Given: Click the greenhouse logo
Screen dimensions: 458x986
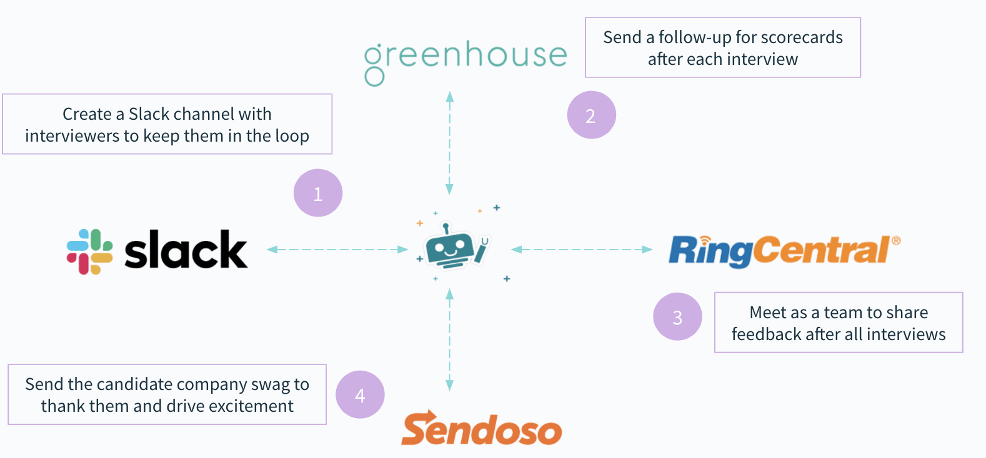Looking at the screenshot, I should coord(466,60).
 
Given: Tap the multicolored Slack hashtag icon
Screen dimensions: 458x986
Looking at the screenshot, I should coord(90,251).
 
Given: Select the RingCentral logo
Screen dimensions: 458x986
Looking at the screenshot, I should coord(784,250).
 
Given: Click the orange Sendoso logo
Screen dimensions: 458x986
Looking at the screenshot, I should coord(481,429).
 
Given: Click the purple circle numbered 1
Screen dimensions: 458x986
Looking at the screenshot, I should coord(318,193).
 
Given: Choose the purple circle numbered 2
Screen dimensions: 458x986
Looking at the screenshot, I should coord(591,115).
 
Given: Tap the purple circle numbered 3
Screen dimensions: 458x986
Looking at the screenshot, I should coord(677,317).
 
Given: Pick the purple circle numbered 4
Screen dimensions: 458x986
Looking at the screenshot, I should coord(360,395).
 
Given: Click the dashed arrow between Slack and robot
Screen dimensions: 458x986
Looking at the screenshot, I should coord(337,250).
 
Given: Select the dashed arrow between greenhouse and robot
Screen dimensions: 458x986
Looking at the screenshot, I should coord(449,144).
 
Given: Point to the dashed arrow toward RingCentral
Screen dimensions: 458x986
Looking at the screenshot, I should coord(582,250).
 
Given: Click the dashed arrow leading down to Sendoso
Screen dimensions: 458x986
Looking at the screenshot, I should coord(449,340).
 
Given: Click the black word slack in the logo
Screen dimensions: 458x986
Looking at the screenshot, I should coord(186,250).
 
